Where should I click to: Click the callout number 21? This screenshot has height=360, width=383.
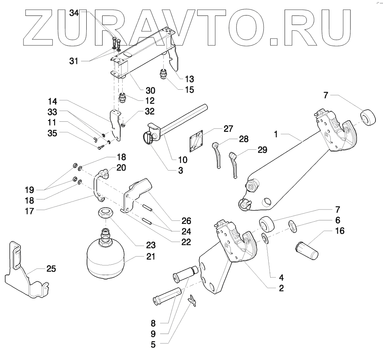point(151,257)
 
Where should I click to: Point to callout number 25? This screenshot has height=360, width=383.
point(51,269)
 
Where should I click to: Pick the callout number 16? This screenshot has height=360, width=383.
point(340,231)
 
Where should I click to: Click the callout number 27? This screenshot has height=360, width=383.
point(228,129)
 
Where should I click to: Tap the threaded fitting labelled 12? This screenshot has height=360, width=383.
point(123,98)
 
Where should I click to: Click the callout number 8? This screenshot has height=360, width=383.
point(153,323)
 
